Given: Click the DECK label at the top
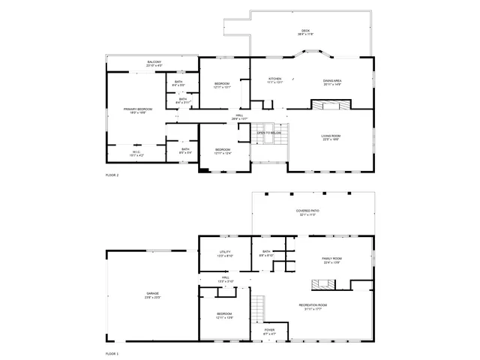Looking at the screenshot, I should (306, 31).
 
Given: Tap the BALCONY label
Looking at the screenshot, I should (154, 61).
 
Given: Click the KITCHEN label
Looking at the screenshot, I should (275, 79).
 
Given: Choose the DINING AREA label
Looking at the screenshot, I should (332, 80).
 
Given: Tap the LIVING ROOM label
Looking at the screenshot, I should (331, 135).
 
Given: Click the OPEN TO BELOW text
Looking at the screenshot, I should (269, 133).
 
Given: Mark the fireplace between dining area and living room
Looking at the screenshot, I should (328, 105).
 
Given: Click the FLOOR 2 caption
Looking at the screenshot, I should (112, 175).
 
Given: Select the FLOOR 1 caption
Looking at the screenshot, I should (112, 352).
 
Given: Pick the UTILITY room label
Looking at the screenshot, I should (225, 251).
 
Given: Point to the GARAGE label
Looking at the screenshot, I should (152, 293).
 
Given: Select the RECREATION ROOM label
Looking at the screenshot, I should (313, 304).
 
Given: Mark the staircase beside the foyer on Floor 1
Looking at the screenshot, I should (258, 307).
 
